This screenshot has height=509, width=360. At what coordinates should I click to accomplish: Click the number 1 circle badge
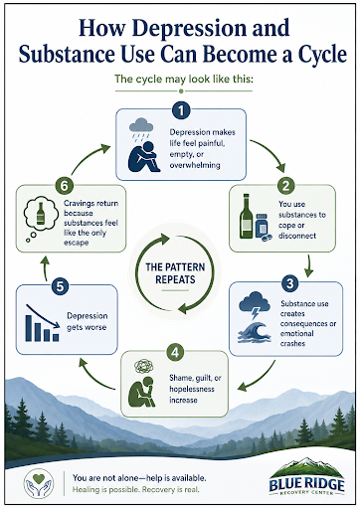pos(181,110)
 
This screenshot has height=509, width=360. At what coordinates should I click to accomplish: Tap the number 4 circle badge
pos(175,352)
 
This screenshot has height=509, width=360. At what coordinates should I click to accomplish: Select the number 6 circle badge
pos(64,186)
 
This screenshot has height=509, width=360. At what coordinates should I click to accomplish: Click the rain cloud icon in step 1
pos(141,128)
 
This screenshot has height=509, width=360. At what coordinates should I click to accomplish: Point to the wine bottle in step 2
pos(246,216)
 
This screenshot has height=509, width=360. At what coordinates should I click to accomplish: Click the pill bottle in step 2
pos(263,227)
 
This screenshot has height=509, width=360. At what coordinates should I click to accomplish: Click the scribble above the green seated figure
pos(144,367)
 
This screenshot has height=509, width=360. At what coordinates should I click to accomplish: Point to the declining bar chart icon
pos(43,323)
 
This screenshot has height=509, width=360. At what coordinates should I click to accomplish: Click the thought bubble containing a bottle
pos(39,218)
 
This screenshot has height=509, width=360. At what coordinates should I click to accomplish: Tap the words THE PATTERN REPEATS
pos(175,273)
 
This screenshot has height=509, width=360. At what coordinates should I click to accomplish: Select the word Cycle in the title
pos(322,54)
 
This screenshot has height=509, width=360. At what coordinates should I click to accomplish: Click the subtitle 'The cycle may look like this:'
pos(184,80)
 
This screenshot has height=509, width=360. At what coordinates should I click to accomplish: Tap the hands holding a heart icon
pos(39,484)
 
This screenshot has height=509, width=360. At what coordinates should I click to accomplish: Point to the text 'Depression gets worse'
pos(87,321)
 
